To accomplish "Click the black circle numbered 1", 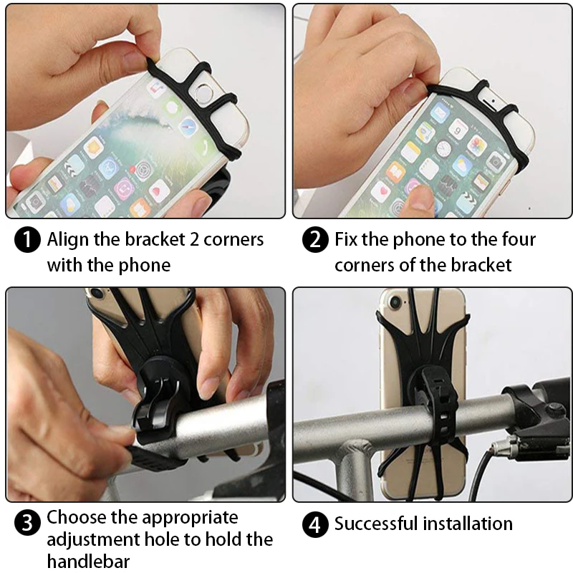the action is (27, 240).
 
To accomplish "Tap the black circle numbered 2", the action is (315, 240).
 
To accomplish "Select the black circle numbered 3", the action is (27, 523).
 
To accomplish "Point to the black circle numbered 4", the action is (315, 525).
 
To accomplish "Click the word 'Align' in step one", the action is (68, 240).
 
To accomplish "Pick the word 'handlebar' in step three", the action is (88, 561).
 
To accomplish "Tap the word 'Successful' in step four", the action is (377, 524).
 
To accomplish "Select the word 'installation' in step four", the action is (468, 524).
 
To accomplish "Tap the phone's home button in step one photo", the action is (202, 92).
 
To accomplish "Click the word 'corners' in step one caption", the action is (233, 240).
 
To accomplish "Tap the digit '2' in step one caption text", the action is (193, 240).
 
